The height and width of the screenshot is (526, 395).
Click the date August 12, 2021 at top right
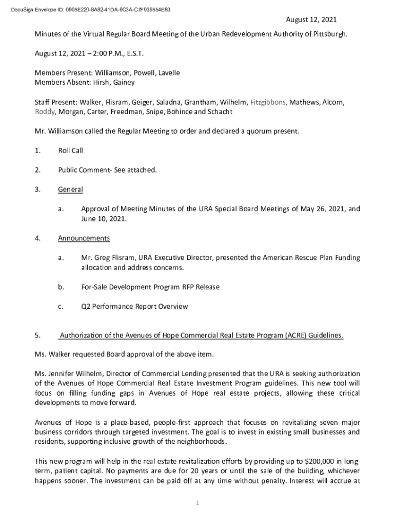311,20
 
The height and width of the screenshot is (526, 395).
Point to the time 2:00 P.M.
101,53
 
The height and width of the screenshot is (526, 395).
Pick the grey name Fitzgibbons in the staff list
267,102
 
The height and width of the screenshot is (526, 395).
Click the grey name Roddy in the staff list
45,111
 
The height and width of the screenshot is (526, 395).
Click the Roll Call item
70,151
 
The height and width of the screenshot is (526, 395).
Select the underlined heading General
70,190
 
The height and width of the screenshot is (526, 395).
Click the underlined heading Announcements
84,238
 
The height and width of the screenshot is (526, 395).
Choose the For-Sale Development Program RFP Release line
150,287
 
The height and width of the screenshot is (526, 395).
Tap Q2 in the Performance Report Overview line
86,307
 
